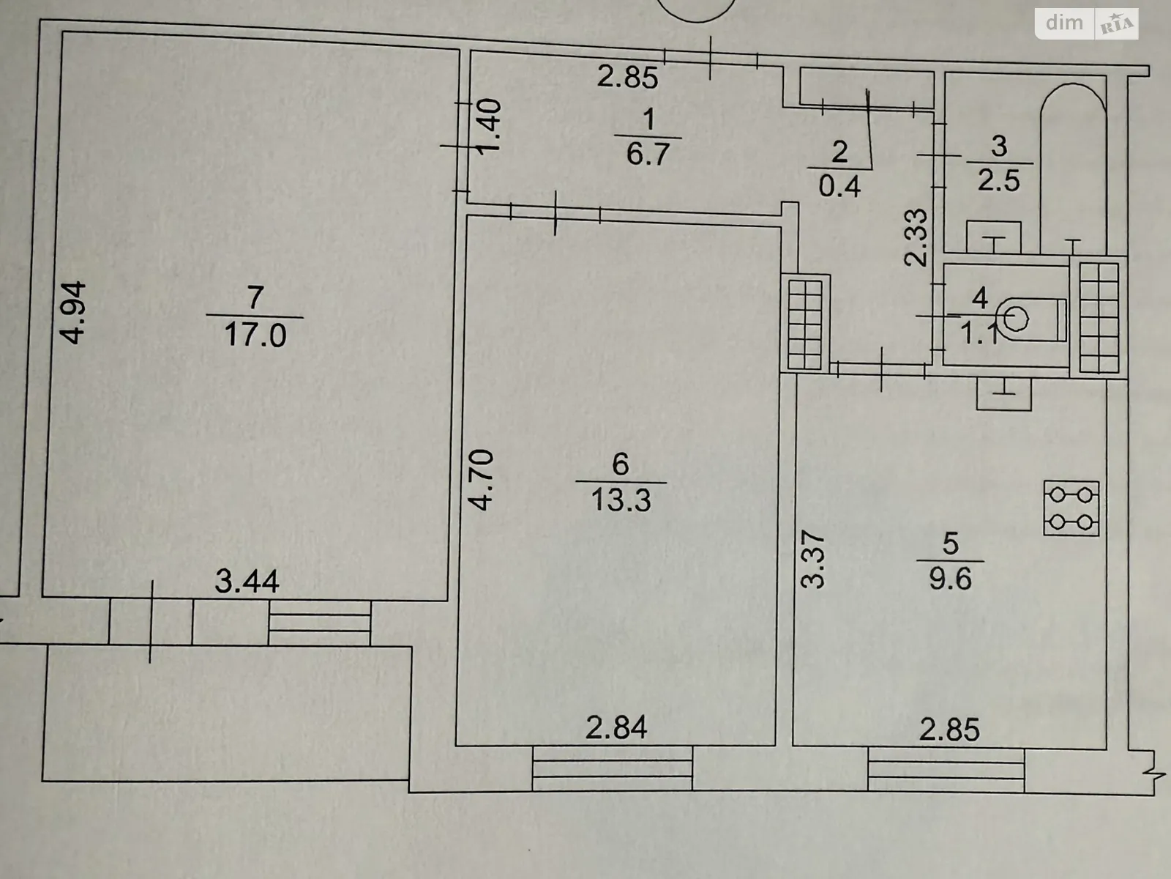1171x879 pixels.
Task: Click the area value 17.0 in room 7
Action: tap(255, 335)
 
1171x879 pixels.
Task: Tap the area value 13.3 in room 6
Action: tap(620, 500)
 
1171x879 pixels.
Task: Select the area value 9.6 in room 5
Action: tap(950, 579)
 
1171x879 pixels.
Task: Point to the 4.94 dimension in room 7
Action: tap(75, 313)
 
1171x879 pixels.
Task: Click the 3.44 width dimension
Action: tap(247, 582)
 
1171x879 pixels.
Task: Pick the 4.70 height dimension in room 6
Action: tap(482, 480)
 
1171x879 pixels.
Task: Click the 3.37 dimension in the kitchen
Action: tap(813, 560)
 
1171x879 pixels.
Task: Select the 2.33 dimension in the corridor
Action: tap(916, 237)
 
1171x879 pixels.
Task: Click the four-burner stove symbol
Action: tap(1071, 508)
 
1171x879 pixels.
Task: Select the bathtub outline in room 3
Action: tap(1072, 168)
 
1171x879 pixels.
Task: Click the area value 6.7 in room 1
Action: tap(648, 155)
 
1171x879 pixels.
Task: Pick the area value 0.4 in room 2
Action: tap(839, 187)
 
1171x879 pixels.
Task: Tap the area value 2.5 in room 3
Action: tap(999, 180)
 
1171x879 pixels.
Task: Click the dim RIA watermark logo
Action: tap(1086, 23)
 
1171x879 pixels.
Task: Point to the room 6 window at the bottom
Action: tap(612, 768)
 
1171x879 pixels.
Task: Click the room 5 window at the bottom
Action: tap(946, 768)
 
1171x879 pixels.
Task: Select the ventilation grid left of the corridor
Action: tap(806, 323)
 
